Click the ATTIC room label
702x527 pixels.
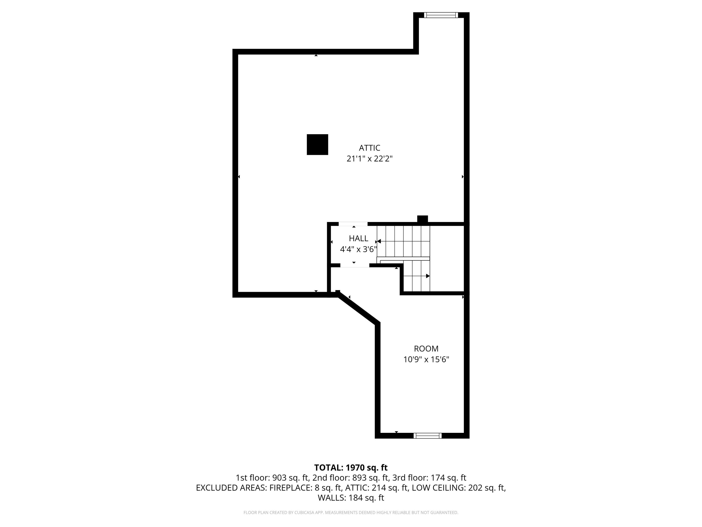point(369,148)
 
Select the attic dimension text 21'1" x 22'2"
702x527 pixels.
point(369,159)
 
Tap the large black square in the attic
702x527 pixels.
point(317,145)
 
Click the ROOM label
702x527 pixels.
point(426,349)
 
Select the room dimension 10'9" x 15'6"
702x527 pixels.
point(426,360)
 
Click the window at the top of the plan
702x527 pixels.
point(441,15)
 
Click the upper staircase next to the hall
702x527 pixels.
point(403,241)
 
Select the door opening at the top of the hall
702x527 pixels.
point(353,224)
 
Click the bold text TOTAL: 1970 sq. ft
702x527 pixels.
point(351,468)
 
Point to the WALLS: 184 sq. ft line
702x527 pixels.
point(351,498)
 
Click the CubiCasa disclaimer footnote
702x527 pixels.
point(351,513)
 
